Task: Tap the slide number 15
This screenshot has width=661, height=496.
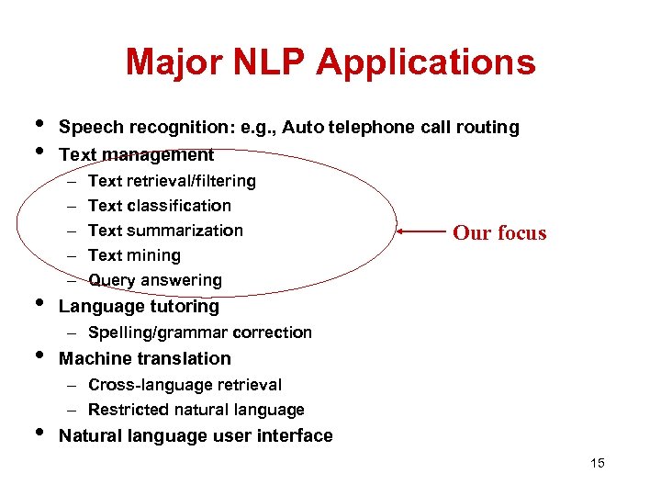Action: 598,463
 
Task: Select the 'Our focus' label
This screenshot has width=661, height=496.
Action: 499,233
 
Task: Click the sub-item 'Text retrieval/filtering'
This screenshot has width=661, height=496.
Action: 172,181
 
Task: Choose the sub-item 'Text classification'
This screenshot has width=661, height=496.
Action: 160,206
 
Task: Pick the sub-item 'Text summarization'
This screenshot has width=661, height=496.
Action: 165,231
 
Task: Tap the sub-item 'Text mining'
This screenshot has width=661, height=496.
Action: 134,255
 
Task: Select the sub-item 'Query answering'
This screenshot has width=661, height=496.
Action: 155,280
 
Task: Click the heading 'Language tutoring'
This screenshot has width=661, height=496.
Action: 139,306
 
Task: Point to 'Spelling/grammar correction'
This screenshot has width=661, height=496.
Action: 200,333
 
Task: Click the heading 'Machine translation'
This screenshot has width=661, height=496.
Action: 144,358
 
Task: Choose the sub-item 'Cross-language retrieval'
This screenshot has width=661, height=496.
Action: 185,385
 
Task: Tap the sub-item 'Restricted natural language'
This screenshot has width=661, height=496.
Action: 196,410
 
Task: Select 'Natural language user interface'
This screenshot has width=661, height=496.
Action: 196,435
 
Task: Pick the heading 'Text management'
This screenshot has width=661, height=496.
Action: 136,154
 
